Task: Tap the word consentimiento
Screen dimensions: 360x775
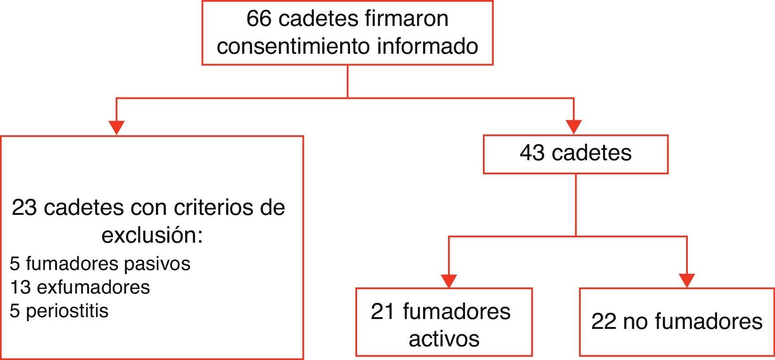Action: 293,47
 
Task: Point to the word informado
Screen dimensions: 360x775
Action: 428,47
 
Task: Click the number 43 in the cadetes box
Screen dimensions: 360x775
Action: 532,154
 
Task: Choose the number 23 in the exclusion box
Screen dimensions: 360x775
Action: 24,208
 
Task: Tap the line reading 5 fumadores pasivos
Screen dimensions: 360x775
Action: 100,264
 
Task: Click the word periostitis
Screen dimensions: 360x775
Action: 67,311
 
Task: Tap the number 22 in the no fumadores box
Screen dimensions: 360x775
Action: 604,322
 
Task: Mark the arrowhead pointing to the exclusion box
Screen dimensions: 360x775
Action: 116,127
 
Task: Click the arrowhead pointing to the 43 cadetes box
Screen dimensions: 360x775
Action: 573,127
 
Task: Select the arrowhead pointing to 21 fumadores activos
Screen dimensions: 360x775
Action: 449,280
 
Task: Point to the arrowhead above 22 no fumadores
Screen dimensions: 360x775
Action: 687,280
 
